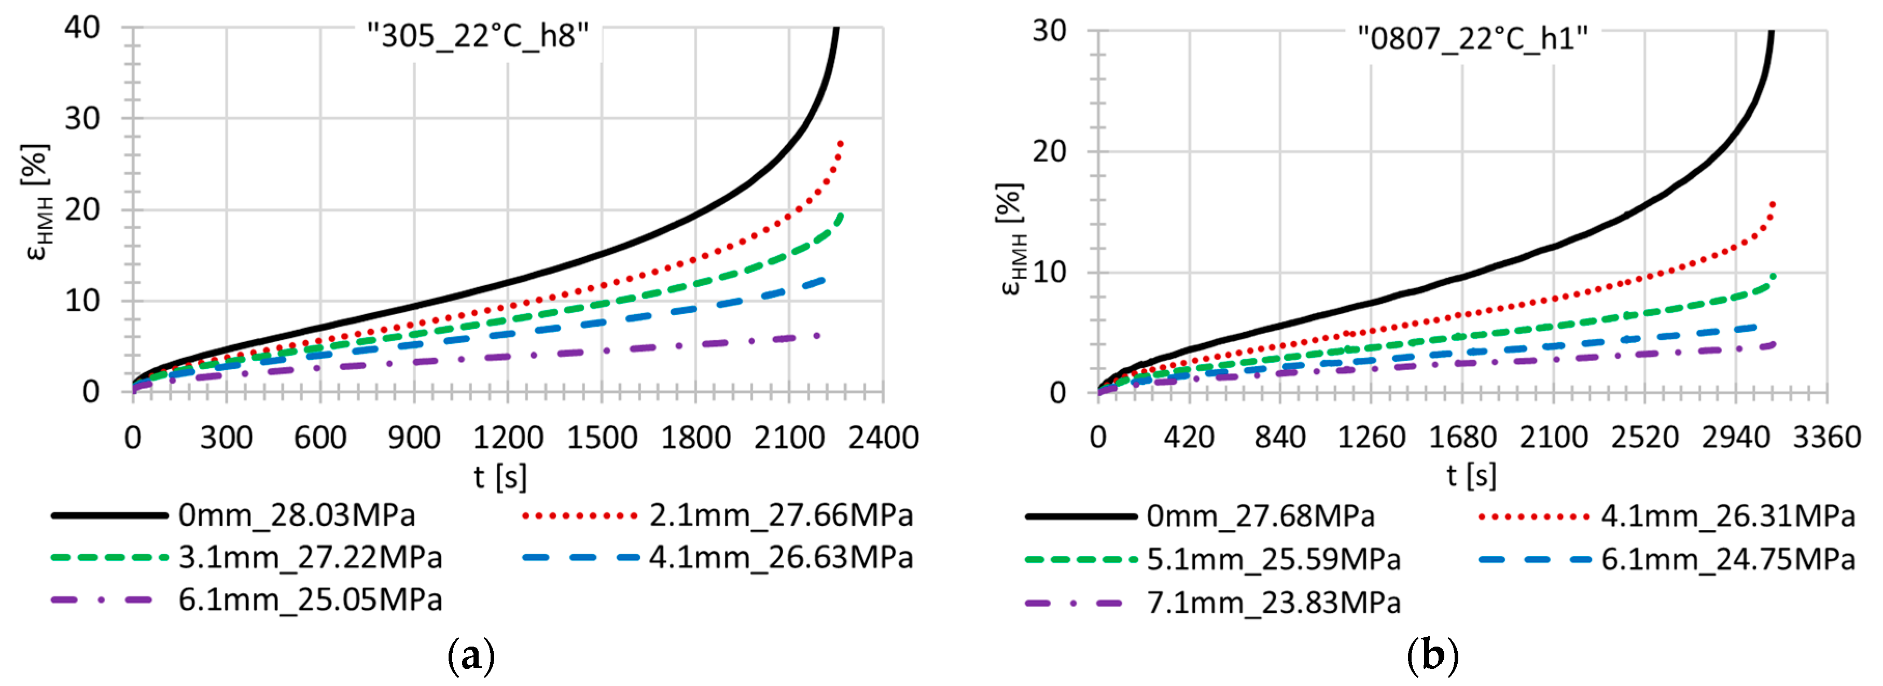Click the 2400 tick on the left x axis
883,438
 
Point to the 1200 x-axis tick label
508,438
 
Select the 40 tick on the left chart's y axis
82,28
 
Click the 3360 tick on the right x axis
1826,438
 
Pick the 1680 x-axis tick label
1462,438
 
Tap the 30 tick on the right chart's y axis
1049,31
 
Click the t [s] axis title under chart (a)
500,477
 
